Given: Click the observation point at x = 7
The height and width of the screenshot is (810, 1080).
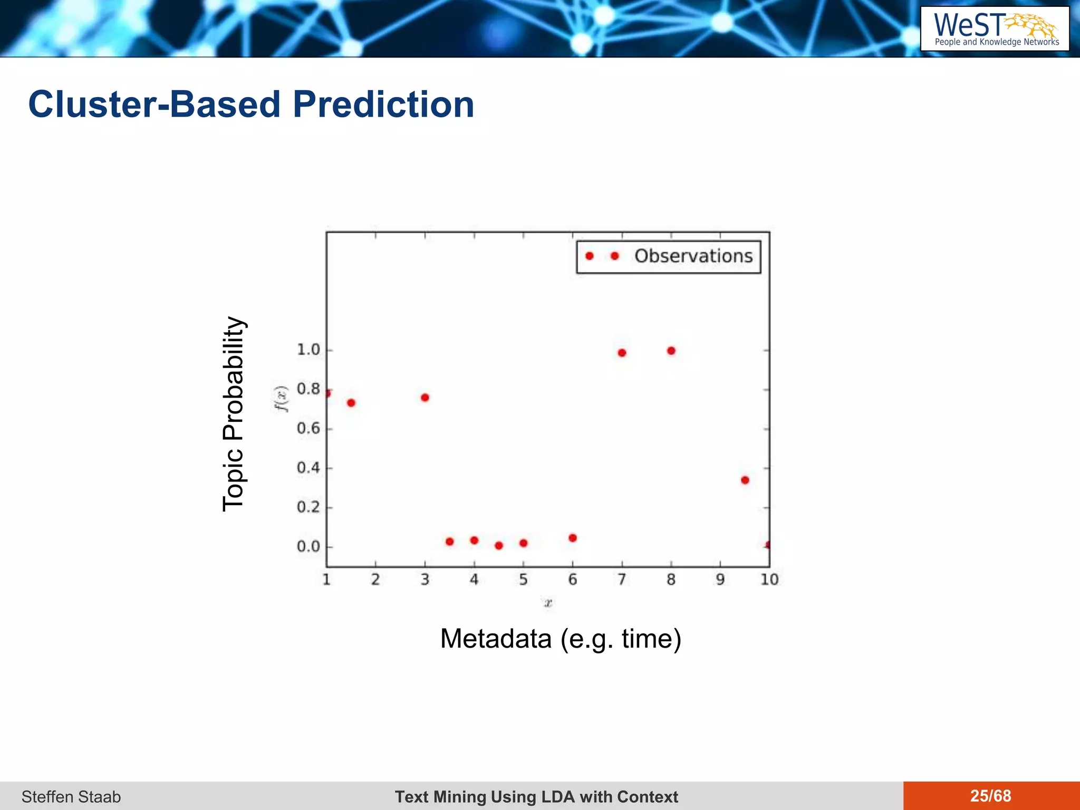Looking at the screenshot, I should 622,353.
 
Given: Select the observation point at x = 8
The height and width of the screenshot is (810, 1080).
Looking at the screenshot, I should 671,351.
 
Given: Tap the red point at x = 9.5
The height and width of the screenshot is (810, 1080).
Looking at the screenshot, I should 745,480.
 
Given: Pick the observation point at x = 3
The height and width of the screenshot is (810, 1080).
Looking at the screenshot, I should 425,398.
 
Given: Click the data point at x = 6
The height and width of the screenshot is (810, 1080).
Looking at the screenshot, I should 573,538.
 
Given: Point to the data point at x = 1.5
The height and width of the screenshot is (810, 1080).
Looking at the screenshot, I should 351,403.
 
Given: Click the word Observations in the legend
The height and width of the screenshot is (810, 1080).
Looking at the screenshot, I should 693,256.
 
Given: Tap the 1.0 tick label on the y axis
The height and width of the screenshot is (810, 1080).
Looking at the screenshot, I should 308,350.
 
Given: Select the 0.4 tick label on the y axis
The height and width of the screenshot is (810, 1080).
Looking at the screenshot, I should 308,468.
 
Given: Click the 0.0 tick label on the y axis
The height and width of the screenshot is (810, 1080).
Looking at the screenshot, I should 308,546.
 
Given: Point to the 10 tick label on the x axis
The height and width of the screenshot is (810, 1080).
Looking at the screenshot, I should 769,580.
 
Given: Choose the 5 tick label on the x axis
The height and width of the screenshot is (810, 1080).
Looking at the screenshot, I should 523,580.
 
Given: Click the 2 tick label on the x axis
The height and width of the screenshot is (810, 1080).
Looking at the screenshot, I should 375,580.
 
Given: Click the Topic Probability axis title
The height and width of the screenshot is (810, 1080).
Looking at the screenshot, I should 233,414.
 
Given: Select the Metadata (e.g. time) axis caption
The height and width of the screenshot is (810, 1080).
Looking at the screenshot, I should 561,639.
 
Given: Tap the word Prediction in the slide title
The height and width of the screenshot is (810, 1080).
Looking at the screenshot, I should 383,104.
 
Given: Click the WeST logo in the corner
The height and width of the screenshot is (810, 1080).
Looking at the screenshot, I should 995,29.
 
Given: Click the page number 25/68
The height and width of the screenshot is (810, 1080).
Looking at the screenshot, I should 990,796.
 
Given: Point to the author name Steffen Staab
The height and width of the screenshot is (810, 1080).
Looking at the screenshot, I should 71,796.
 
